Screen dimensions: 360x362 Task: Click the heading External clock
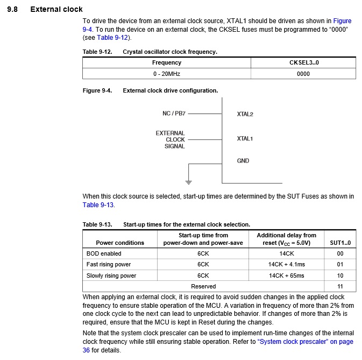[x=56, y=9]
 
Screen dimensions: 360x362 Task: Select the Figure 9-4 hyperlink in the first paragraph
[x=343, y=21]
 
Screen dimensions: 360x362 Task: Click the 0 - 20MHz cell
[x=166, y=74]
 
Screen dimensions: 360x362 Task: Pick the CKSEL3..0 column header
[x=303, y=62]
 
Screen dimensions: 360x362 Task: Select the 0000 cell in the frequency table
[x=303, y=74]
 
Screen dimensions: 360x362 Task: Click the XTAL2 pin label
[x=245, y=114]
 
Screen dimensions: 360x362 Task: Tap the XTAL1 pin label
[x=245, y=139]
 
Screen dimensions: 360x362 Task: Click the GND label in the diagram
[x=243, y=160]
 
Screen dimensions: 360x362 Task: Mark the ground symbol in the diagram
[x=188, y=181]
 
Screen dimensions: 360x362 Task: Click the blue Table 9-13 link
[x=98, y=205]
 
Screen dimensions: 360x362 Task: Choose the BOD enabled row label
[x=104, y=253]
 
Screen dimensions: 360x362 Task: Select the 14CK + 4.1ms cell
[x=286, y=264]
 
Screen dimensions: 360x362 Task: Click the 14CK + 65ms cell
[x=286, y=276]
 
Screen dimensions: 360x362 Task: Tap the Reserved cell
[x=203, y=286]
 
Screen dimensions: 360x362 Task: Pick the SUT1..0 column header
[x=340, y=243]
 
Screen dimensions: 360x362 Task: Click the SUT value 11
[x=340, y=286]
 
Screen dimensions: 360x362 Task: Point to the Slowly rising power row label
[x=111, y=276]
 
